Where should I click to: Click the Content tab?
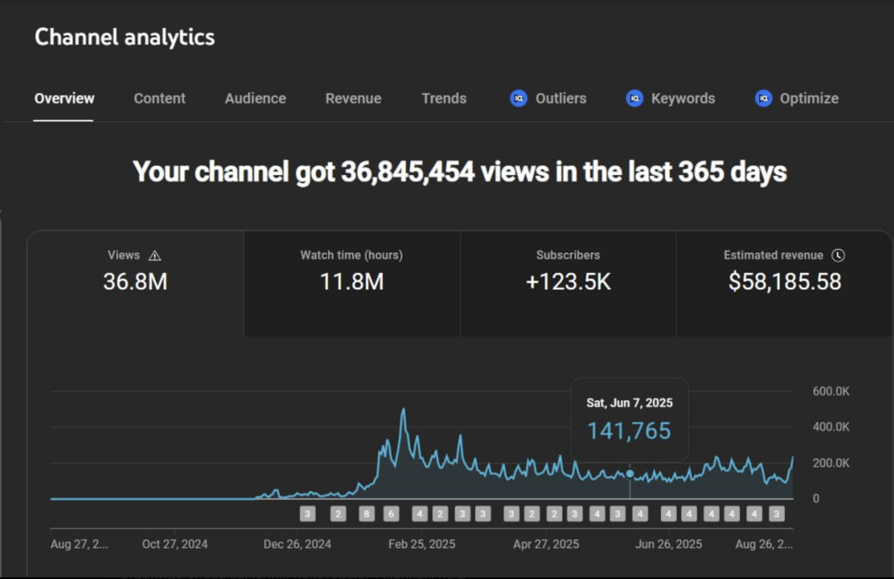click(x=159, y=98)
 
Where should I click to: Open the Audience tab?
click(x=255, y=98)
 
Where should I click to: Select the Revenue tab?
click(x=353, y=98)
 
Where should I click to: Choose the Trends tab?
click(x=443, y=98)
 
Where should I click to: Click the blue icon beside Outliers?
click(x=518, y=98)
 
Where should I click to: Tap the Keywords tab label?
click(x=683, y=98)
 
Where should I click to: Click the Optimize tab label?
click(x=809, y=98)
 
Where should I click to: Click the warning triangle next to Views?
click(x=154, y=256)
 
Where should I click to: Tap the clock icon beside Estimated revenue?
click(x=838, y=255)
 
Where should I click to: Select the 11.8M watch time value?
click(x=352, y=282)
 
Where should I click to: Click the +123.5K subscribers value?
click(x=568, y=282)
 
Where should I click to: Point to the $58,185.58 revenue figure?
click(x=784, y=282)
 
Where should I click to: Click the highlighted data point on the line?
click(x=630, y=473)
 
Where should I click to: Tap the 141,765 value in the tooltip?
click(x=629, y=430)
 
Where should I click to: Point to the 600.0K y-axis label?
click(x=831, y=391)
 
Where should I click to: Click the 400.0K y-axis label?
click(x=831, y=427)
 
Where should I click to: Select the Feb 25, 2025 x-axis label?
click(x=421, y=544)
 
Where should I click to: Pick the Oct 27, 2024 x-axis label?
click(x=175, y=544)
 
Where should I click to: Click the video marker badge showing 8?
click(x=366, y=513)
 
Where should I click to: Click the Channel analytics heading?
click(x=125, y=37)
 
